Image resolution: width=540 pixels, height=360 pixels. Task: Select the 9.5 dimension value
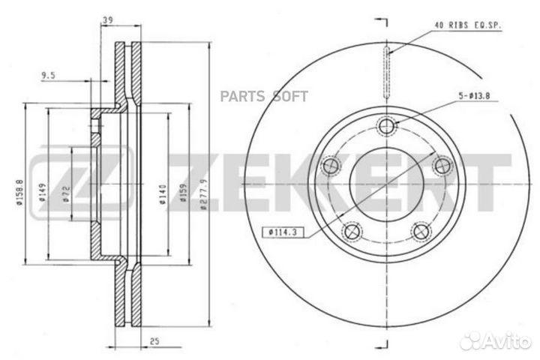coord(49,75)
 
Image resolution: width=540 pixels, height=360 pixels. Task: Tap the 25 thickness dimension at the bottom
coord(154,341)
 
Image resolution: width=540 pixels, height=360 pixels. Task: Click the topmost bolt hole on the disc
coord(387,127)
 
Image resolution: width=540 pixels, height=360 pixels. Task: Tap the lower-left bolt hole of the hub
coord(349,231)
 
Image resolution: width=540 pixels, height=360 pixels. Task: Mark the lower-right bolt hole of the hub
coord(423,231)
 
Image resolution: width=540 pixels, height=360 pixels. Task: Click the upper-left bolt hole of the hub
coord(327,165)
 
